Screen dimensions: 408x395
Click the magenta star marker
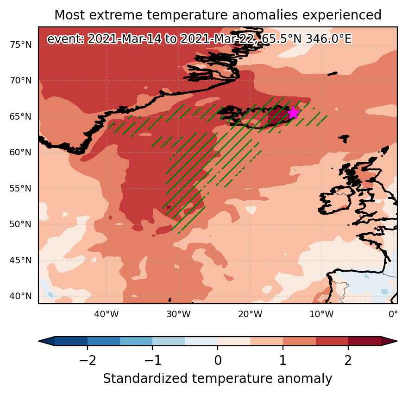click(294, 113)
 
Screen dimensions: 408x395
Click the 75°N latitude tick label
click(20, 45)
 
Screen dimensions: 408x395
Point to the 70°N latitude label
click(20, 81)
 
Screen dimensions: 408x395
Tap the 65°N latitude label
click(20, 116)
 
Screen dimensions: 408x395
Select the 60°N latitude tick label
click(20, 152)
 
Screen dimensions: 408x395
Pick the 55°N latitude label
click(20, 188)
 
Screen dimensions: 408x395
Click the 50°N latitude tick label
click(20, 224)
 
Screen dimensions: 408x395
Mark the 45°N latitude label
click(20, 260)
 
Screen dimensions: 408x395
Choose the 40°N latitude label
click(20, 296)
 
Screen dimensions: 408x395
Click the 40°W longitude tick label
click(107, 314)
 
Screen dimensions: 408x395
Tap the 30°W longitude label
click(178, 314)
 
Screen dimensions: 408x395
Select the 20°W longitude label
click(250, 314)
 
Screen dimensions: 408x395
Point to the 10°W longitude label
click(321, 314)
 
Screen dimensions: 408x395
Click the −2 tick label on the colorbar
click(88, 360)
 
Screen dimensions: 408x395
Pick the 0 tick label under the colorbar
click(218, 360)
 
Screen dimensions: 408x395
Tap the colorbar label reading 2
click(348, 360)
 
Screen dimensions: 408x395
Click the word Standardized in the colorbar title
click(145, 379)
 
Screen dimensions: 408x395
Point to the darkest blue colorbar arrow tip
click(39, 341)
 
